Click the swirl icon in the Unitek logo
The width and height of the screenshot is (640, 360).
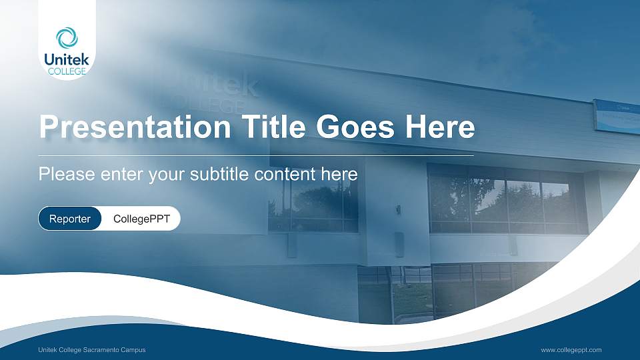(x=67, y=37)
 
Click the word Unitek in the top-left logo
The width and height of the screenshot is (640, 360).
(x=67, y=59)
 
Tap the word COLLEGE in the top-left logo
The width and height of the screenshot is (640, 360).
(x=67, y=71)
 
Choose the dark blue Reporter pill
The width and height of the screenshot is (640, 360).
(x=70, y=219)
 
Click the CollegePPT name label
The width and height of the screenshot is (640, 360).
(x=141, y=219)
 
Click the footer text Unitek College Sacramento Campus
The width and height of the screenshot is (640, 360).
(x=92, y=350)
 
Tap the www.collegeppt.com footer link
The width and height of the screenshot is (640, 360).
(x=571, y=350)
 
